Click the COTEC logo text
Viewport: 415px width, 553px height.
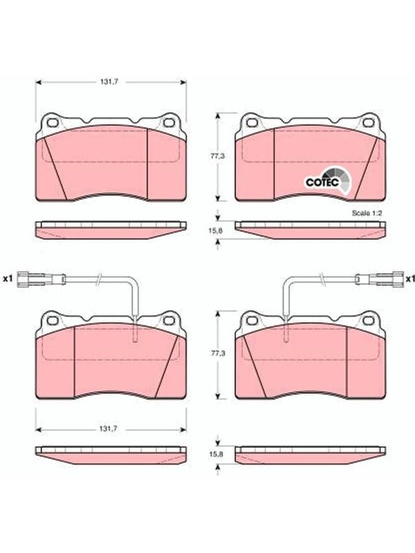tap(322, 182)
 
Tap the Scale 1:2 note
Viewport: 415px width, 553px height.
tap(367, 213)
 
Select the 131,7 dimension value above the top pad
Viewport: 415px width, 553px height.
tap(109, 82)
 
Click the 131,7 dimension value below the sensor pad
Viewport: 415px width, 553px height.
tap(109, 429)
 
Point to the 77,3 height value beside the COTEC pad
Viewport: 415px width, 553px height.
tap(218, 156)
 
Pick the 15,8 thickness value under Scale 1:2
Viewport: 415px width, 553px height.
tap(216, 230)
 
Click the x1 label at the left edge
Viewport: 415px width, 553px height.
tap(8, 279)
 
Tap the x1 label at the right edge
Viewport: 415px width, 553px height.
tap(410, 279)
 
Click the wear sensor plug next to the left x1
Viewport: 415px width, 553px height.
tap(41, 279)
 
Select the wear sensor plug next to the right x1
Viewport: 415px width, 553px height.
tap(379, 279)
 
